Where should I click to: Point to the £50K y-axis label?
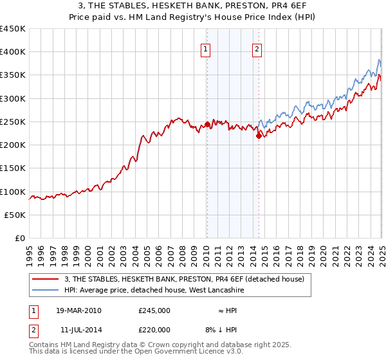(16, 215)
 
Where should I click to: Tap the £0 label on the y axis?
(21, 239)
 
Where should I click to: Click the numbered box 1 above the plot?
(205, 50)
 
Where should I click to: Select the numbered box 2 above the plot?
(257, 50)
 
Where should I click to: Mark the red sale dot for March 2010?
(207, 124)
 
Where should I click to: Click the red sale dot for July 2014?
(259, 136)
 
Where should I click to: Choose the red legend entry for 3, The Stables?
(188, 279)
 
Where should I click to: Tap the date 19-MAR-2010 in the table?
(78, 310)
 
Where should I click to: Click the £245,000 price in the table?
(154, 310)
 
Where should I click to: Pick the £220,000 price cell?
(154, 329)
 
